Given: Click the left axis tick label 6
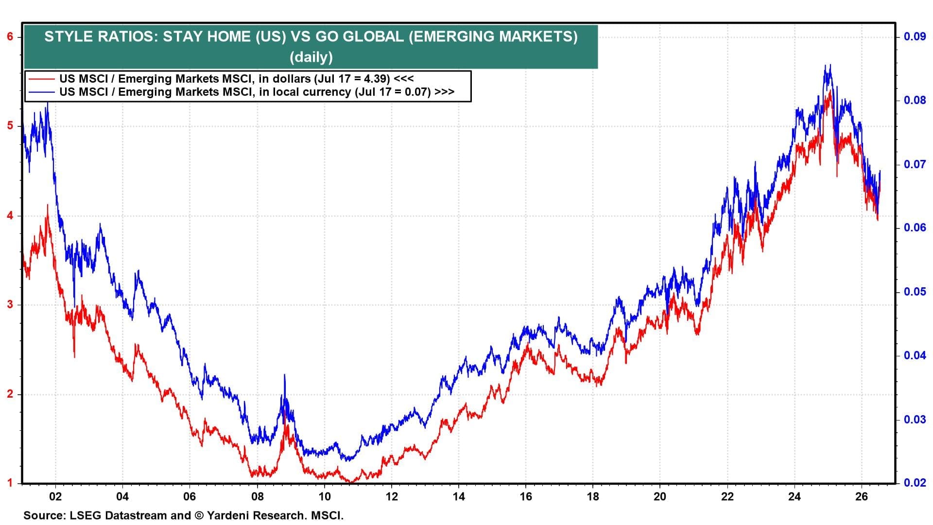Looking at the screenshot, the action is tap(10, 37).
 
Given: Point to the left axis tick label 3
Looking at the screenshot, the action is tap(10, 305).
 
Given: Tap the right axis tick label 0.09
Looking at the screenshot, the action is tap(915, 36).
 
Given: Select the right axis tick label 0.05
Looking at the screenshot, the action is tap(915, 292).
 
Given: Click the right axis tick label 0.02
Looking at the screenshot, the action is tap(915, 483).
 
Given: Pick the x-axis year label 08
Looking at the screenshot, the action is tap(257, 497).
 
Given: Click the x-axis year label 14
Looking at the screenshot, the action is tap(458, 497).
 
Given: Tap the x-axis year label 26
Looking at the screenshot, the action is tap(861, 497).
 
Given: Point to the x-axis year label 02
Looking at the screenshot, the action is tap(55, 497).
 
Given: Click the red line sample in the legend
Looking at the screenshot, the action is tap(41, 78).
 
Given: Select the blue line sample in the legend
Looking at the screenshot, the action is tap(41, 92).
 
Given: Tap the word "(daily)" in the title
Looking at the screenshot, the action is tap(311, 57).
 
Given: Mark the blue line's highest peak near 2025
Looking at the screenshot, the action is tap(830, 65).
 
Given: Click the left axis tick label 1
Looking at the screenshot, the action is tap(10, 483).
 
